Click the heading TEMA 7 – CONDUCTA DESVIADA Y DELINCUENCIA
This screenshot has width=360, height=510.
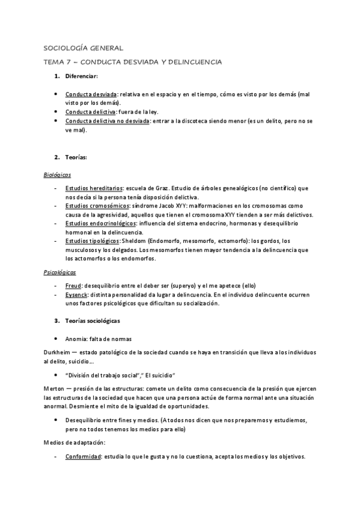pyautogui.click(x=133, y=62)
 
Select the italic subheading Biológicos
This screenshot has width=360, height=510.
pyautogui.click(x=57, y=174)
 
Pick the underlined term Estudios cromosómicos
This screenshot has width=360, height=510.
pyautogui.click(x=97, y=206)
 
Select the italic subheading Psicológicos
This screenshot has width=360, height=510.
pyautogui.click(x=59, y=272)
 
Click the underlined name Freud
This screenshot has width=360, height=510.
pyautogui.click(x=73, y=286)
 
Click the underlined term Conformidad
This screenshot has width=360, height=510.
pyautogui.click(x=83, y=456)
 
